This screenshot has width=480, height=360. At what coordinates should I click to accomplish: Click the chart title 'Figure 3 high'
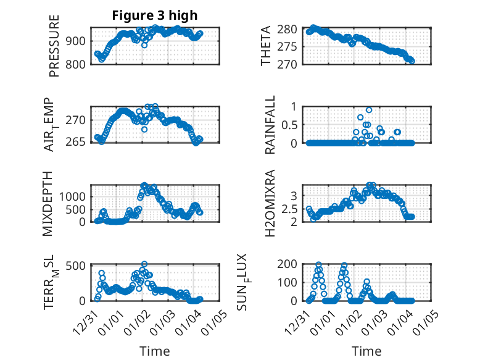click(154, 15)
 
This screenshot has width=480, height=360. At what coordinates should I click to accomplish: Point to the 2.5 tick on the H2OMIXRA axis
click(290, 209)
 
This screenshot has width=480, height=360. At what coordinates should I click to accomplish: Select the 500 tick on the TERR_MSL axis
click(77, 266)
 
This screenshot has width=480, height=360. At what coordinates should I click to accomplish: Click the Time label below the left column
click(154, 351)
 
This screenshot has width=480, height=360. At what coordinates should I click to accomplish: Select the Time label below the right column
click(366, 351)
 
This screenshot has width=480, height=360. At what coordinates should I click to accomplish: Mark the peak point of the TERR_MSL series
click(144, 264)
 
